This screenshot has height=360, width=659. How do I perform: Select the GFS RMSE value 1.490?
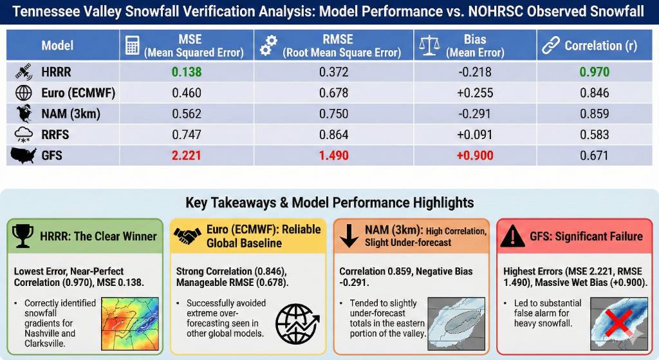click(334, 155)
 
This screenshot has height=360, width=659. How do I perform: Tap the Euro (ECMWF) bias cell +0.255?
click(474, 93)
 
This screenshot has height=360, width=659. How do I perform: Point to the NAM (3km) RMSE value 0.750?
click(334, 114)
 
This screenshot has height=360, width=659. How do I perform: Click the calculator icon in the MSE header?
click(133, 45)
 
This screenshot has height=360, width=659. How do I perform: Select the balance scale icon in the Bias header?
click(428, 45)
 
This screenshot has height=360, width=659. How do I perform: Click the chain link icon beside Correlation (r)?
click(550, 45)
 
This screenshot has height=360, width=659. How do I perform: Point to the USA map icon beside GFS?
click(24, 155)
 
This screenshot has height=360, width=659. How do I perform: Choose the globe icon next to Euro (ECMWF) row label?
click(24, 93)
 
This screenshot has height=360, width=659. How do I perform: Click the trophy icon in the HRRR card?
click(24, 236)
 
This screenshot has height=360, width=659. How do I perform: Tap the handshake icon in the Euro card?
click(187, 236)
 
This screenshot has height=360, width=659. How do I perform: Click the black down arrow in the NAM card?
click(349, 236)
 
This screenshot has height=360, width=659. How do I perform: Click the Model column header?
click(57, 45)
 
